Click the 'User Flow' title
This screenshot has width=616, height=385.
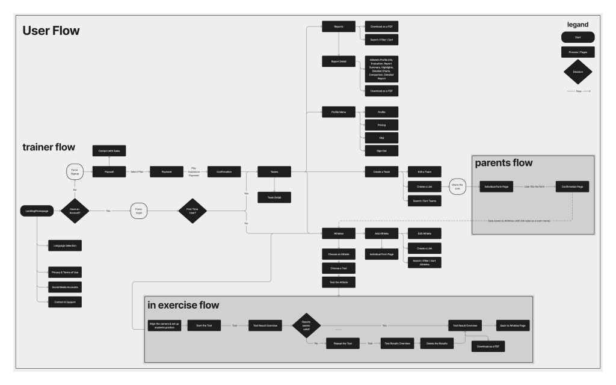coord(51,31)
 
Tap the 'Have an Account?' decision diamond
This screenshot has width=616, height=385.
coord(75,211)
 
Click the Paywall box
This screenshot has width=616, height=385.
coord(109,171)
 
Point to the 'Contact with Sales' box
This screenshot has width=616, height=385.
coord(109,150)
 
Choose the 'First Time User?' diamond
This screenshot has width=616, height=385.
coord(192,211)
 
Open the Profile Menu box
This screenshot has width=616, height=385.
coord(339,112)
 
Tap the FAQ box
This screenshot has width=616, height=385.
coord(381,138)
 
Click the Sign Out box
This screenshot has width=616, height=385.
coord(381,150)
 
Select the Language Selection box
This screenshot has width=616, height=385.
coord(65,245)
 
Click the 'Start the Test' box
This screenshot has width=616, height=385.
coord(205,325)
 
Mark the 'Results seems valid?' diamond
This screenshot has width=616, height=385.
coord(306,325)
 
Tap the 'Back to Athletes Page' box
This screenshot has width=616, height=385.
coord(513,325)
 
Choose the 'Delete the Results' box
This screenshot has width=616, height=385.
coord(436,343)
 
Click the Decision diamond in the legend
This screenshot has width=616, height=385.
coord(577,72)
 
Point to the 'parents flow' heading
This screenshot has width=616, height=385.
coord(504,163)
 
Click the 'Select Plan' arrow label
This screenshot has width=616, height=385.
coord(137,172)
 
